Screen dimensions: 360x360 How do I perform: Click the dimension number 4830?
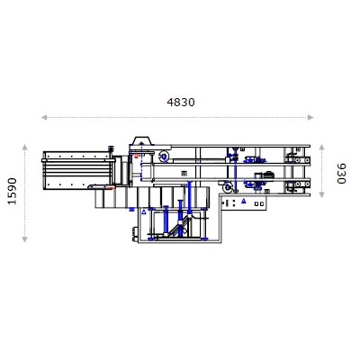pos(181,102)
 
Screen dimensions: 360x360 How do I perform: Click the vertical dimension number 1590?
pos(12,191)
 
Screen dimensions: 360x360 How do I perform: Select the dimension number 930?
pos(340,173)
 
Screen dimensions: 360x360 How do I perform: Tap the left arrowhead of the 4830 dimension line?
pos(43,117)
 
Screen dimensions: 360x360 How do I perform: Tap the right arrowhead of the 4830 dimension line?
pos(315,117)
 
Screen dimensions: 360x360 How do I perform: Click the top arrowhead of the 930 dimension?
pos(326,145)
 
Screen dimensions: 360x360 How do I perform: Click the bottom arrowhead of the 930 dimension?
pos(326,199)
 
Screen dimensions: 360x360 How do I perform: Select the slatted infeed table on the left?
pos(76,169)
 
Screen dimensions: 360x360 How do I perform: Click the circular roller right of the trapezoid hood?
pos(164,157)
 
